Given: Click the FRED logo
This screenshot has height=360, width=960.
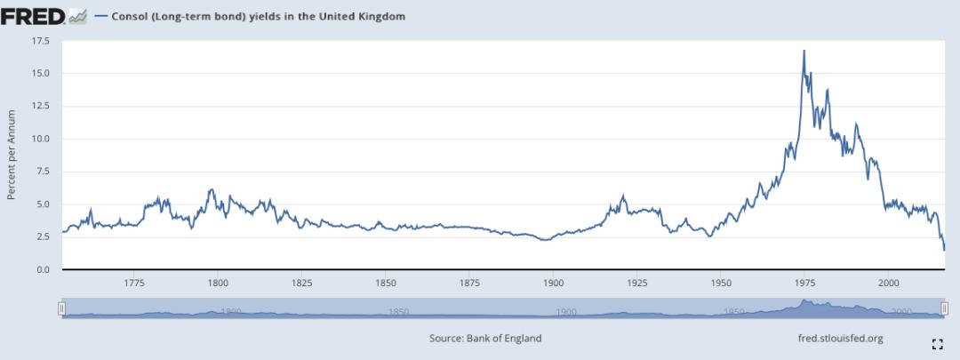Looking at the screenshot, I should tap(34, 15).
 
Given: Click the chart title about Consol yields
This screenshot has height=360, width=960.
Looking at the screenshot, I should tap(258, 16).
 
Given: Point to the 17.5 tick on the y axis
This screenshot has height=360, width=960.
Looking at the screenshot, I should tap(41, 41).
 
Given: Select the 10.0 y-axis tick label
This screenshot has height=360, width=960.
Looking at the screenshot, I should tap(41, 139).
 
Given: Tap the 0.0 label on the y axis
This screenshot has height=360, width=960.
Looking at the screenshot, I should tap(44, 269).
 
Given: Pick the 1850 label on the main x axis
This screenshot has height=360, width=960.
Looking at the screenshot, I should tap(386, 283).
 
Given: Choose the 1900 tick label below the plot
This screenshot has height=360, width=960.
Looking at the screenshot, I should tap(553, 283).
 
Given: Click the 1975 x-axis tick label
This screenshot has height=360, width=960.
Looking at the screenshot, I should tap(804, 283).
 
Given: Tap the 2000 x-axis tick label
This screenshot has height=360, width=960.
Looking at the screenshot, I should tap(888, 283).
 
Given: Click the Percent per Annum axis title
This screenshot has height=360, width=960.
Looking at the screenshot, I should tap(12, 155).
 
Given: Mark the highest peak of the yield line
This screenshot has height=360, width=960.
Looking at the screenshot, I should tap(804, 52).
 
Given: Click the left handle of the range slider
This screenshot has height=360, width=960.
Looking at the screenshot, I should tap(61, 308).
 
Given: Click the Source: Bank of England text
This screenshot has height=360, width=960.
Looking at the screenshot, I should tap(484, 338).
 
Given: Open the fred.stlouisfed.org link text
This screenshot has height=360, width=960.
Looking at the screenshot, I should tap(841, 338).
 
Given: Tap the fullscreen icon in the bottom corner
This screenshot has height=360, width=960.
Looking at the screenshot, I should tap(937, 343).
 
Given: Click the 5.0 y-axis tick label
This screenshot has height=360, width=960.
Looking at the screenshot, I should tap(44, 204).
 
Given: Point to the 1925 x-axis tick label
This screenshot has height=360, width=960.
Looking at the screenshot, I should tap(636, 283).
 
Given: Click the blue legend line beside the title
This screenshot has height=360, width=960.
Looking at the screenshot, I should tap(100, 16).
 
